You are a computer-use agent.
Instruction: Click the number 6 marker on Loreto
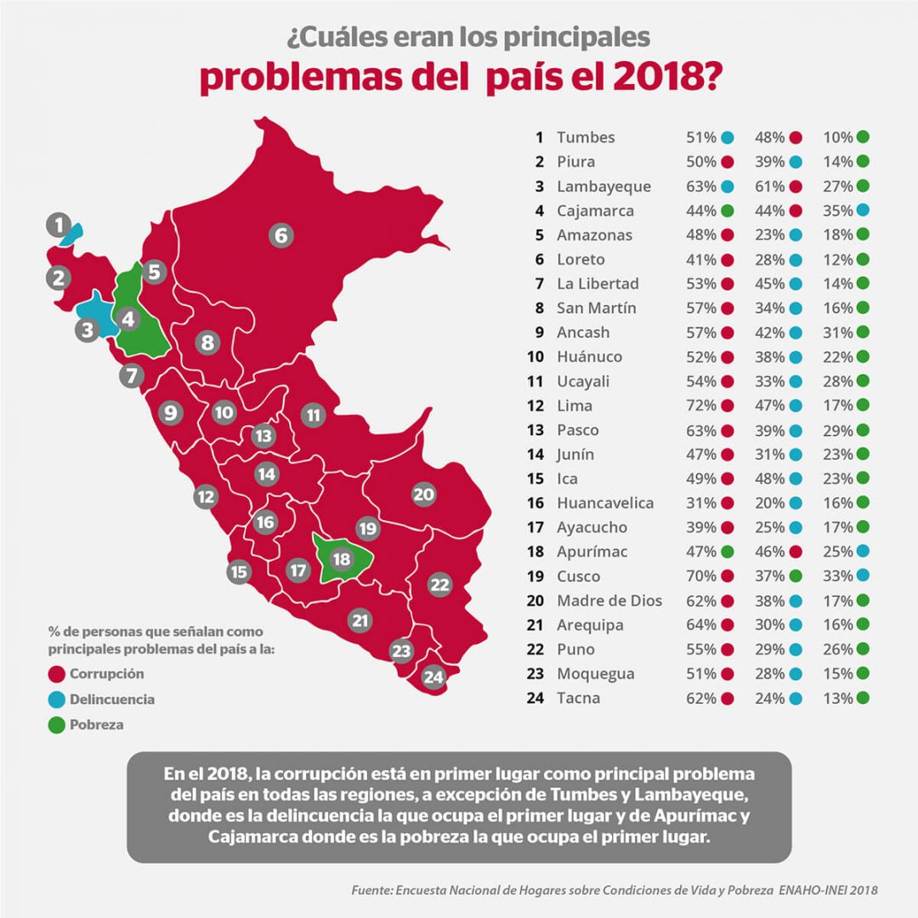coord(281,235)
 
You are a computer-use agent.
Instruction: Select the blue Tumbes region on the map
coord(73,231)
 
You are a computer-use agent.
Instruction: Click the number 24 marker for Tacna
coord(433,677)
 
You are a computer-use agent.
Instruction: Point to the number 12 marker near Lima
coord(205,496)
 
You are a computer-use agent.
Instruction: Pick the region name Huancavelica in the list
coord(605,503)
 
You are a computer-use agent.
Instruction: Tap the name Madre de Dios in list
coord(609,601)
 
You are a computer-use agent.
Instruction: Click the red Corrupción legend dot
coord(58,674)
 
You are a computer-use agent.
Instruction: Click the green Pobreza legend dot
coord(58,725)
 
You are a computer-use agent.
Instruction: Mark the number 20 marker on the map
coord(423,494)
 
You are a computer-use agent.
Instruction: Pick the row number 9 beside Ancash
coord(539,332)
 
